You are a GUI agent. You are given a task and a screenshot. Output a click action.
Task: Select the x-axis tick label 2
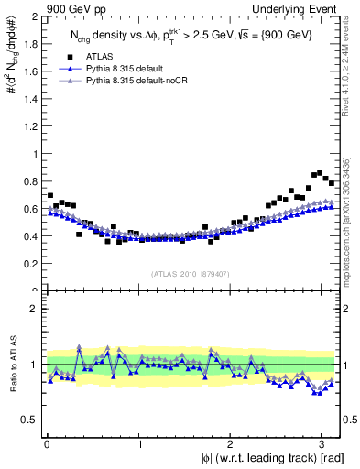tap(231, 444)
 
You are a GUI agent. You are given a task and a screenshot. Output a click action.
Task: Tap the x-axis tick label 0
tap(48, 444)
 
